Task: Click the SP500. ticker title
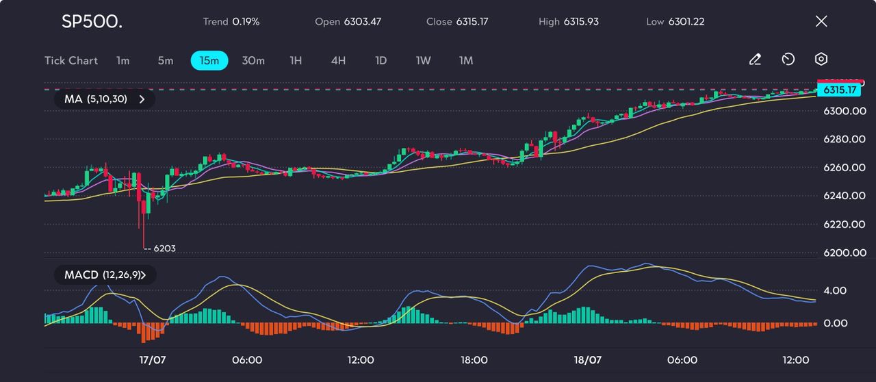click(92, 21)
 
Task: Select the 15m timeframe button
click(209, 60)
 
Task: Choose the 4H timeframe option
click(338, 60)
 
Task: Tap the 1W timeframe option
click(424, 60)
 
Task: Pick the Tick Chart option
click(71, 60)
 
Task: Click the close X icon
click(821, 21)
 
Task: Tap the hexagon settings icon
click(821, 60)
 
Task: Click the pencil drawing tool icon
click(755, 60)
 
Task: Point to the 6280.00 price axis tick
click(844, 139)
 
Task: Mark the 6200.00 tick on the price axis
click(844, 253)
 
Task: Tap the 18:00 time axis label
click(474, 360)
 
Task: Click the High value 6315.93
click(581, 21)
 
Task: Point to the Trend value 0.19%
click(246, 21)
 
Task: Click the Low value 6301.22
click(686, 21)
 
